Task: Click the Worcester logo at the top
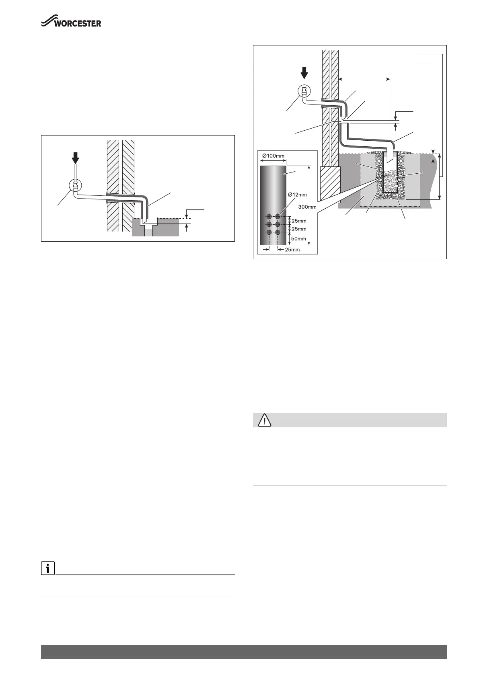(x=71, y=22)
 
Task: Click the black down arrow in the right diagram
(x=304, y=74)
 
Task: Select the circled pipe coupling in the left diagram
(x=75, y=185)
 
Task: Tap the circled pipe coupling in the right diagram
(x=304, y=92)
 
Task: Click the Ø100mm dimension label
(x=273, y=156)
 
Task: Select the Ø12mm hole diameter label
(x=298, y=195)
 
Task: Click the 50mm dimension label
(x=298, y=239)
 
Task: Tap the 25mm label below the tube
(x=292, y=250)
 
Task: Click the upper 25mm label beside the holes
(x=298, y=221)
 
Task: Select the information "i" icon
(x=47, y=569)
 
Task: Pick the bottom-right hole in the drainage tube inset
(x=278, y=232)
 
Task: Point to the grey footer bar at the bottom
(x=244, y=652)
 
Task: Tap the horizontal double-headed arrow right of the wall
(x=364, y=79)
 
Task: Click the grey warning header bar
(x=349, y=420)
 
